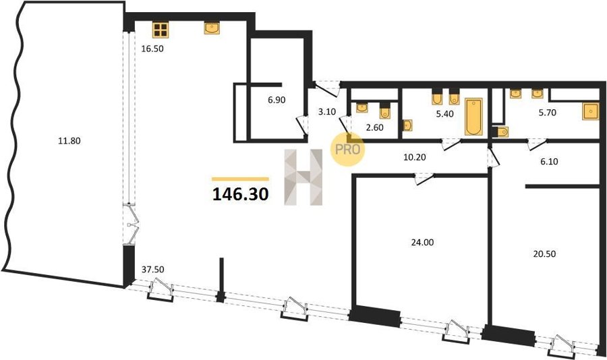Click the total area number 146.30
pyautogui.click(x=240, y=194)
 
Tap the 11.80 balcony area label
pyautogui.click(x=69, y=141)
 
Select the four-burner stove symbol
pyautogui.click(x=161, y=30)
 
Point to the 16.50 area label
pyautogui.click(x=152, y=49)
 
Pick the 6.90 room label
pyautogui.click(x=277, y=100)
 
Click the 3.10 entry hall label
pyautogui.click(x=326, y=113)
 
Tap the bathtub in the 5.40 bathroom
pyautogui.click(x=473, y=117)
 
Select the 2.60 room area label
pyautogui.click(x=374, y=127)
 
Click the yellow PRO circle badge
pyautogui.click(x=347, y=149)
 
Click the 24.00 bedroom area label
pyautogui.click(x=422, y=243)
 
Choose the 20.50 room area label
pyautogui.click(x=544, y=254)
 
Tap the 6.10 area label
pyautogui.click(x=549, y=162)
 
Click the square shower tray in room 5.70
pyautogui.click(x=590, y=111)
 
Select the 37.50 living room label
pyautogui.click(x=152, y=270)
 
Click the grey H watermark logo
pyautogui.click(x=303, y=177)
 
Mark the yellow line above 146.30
pyautogui.click(x=240, y=179)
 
